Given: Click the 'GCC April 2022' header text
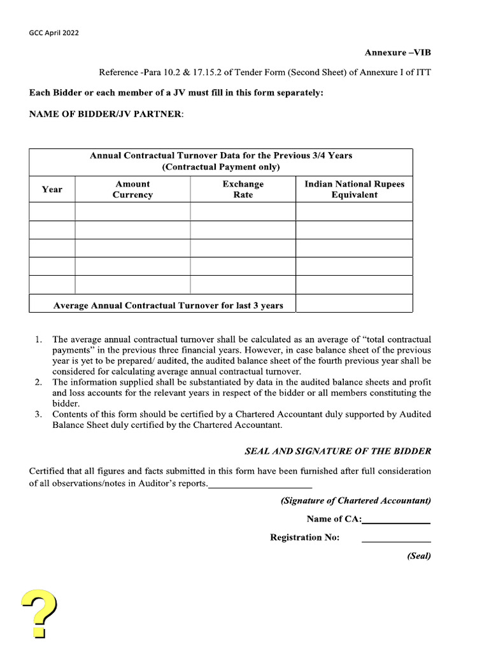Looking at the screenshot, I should (x=54, y=32).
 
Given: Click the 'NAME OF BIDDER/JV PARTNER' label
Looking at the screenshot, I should (x=106, y=113).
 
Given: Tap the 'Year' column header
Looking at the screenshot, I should (x=52, y=189).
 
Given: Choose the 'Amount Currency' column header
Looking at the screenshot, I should (x=132, y=189).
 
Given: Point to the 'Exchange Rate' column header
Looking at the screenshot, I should (x=243, y=189).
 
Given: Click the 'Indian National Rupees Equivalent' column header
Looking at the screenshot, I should (x=354, y=189).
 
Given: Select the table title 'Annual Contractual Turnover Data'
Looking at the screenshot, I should (x=220, y=155).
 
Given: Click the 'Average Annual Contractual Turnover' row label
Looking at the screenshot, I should (x=168, y=306).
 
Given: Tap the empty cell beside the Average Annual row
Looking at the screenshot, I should (x=354, y=304).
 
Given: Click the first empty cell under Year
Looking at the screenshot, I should (x=52, y=211).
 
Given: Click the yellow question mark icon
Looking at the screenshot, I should (x=39, y=613).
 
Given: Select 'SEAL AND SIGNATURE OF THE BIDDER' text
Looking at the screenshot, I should (x=337, y=451).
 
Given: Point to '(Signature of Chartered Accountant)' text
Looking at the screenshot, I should (x=355, y=500).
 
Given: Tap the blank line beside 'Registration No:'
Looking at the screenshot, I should (x=396, y=541).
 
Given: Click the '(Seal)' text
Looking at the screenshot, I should (x=418, y=556).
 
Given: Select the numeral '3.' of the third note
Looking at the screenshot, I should (x=38, y=414).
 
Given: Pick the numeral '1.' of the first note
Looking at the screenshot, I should (x=38, y=339).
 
